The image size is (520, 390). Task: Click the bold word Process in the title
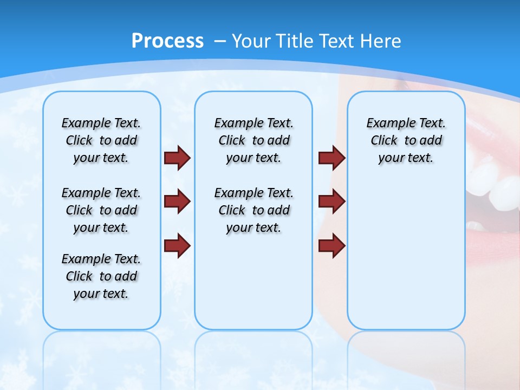pos(167,41)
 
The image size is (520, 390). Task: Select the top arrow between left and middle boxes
pos(177,158)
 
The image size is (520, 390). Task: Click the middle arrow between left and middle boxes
pos(177,201)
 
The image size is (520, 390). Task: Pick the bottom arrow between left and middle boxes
pos(177,245)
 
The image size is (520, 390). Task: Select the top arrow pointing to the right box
pos(331,158)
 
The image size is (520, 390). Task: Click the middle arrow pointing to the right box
pos(331,201)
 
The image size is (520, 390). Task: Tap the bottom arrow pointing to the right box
pos(331,245)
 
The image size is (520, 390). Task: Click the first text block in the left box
pos(101,140)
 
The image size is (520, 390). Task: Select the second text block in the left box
pos(101,210)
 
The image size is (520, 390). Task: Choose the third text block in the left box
pos(101,276)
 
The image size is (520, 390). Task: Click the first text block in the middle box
pos(253,140)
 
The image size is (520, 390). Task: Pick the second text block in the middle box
pos(253,210)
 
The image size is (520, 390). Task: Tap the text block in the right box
pos(406,140)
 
